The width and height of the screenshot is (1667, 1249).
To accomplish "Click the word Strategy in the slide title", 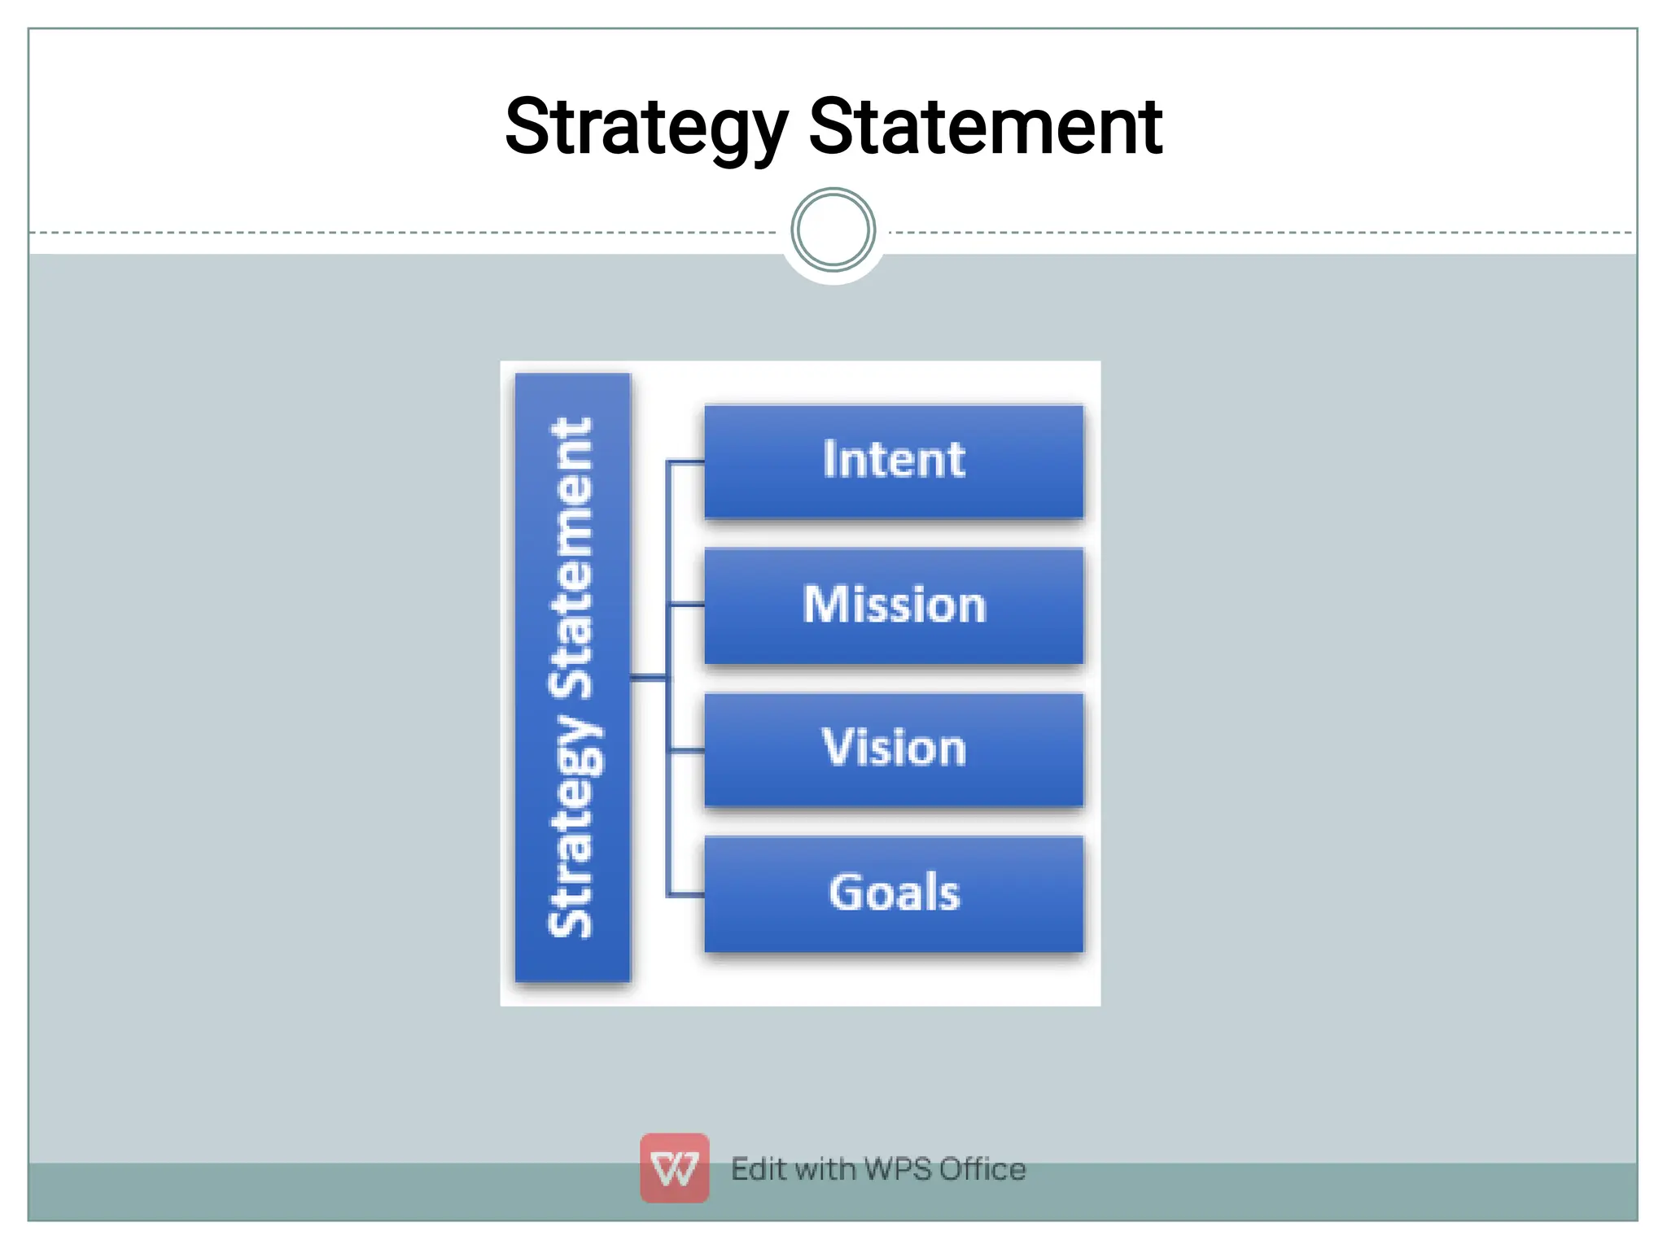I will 645,128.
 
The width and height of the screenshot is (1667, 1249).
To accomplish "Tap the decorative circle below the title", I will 833,230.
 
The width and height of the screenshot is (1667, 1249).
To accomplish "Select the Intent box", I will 894,461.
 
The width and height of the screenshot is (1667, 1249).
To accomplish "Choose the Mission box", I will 894,606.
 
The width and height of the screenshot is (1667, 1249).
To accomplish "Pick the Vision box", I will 894,749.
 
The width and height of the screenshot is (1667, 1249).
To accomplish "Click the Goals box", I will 894,893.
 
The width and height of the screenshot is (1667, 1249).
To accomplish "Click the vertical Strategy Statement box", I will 572,677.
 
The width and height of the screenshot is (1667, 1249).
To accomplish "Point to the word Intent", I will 894,459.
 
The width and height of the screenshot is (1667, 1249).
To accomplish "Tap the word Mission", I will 894,605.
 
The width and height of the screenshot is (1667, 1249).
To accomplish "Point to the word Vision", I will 894,747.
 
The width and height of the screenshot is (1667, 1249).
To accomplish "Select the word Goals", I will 894,892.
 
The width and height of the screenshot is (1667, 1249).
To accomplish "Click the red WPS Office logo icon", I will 674,1168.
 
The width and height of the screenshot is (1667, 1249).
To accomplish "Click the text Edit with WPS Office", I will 878,1169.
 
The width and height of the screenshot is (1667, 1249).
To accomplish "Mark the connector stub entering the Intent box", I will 685,462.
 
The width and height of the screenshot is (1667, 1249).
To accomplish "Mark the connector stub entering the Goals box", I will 685,895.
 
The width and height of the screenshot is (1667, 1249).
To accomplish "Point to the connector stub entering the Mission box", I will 685,605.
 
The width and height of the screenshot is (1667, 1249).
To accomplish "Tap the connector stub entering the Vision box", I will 685,750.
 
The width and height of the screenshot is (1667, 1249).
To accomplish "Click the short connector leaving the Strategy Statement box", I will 649,677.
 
